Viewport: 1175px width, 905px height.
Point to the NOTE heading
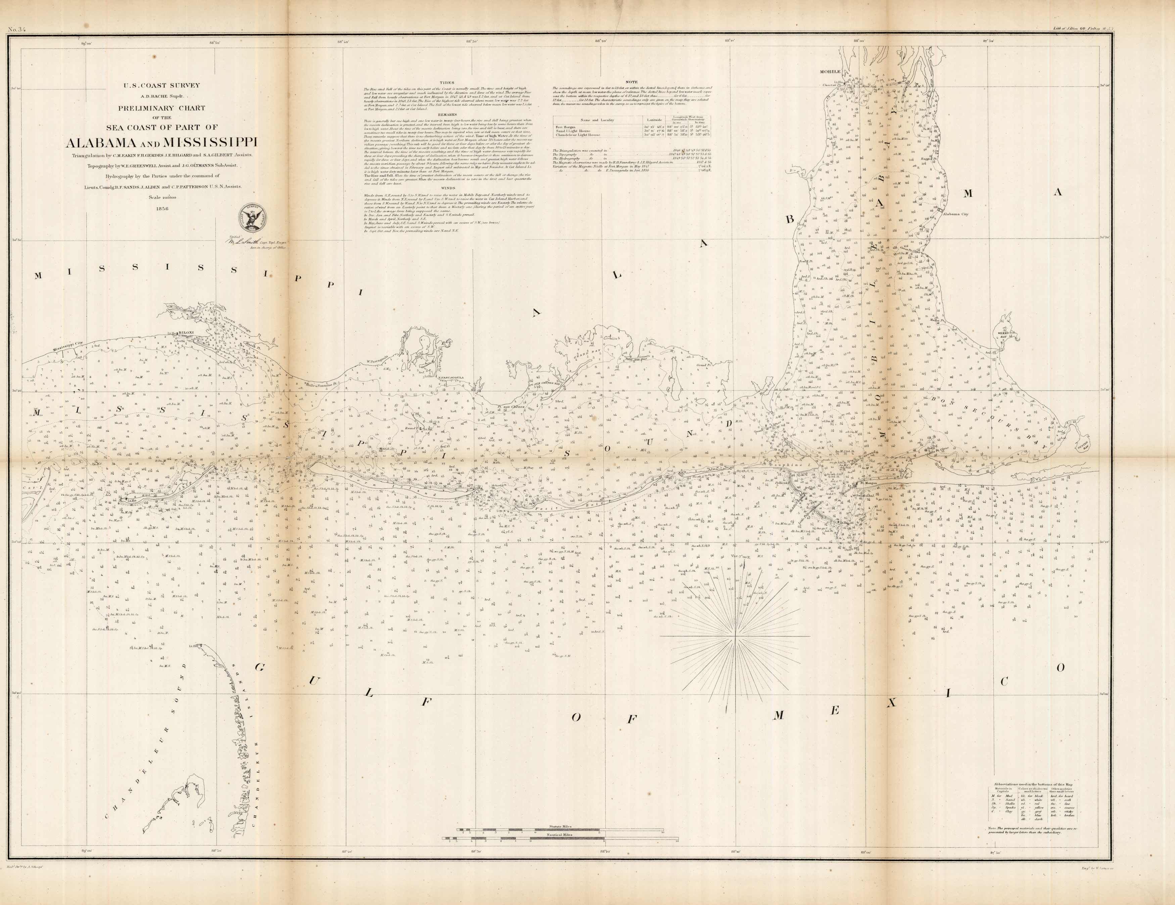click(631, 82)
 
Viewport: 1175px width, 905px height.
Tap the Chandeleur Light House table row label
click(581, 135)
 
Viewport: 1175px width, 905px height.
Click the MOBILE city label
click(830, 72)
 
